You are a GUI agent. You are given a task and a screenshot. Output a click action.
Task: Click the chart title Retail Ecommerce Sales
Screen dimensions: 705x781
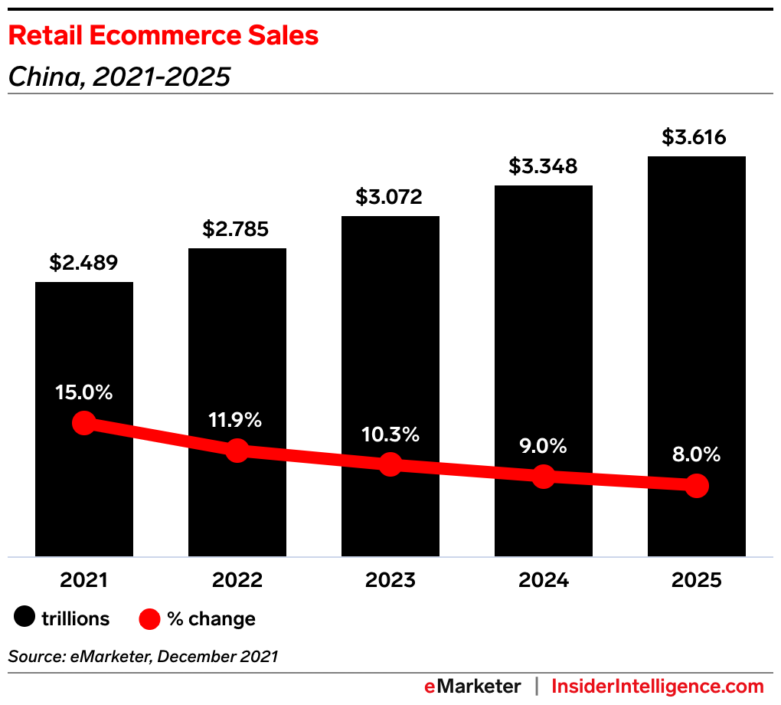163,35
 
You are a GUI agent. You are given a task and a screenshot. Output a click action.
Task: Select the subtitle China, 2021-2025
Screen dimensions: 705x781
119,77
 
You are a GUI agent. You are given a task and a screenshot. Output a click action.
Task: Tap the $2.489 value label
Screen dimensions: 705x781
83,263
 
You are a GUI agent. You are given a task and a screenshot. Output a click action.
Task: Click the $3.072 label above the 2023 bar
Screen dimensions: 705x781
389,197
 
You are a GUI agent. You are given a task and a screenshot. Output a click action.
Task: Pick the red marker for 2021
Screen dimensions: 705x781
83,422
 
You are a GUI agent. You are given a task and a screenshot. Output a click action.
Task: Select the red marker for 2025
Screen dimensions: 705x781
696,485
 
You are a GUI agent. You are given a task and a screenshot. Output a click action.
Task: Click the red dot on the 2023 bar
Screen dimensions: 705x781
390,464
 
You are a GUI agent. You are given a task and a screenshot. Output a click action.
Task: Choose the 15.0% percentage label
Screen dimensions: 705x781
83,392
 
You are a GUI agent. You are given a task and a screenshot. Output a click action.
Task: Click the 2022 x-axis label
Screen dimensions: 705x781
237,580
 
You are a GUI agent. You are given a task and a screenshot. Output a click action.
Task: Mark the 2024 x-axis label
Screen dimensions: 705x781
543,580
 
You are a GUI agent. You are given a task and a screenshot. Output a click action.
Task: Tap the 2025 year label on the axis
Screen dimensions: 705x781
696,580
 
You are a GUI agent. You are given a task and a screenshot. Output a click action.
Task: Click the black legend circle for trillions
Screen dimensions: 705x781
25,618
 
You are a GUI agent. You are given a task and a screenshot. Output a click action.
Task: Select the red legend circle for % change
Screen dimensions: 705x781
150,618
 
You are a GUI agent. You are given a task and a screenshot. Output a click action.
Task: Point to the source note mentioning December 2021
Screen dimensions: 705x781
143,656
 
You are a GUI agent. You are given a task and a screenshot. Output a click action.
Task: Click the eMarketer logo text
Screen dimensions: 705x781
472,686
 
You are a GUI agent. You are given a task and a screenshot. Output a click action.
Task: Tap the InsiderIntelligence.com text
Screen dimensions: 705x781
658,686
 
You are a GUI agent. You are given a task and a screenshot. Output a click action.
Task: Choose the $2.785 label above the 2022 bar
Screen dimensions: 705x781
236,229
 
